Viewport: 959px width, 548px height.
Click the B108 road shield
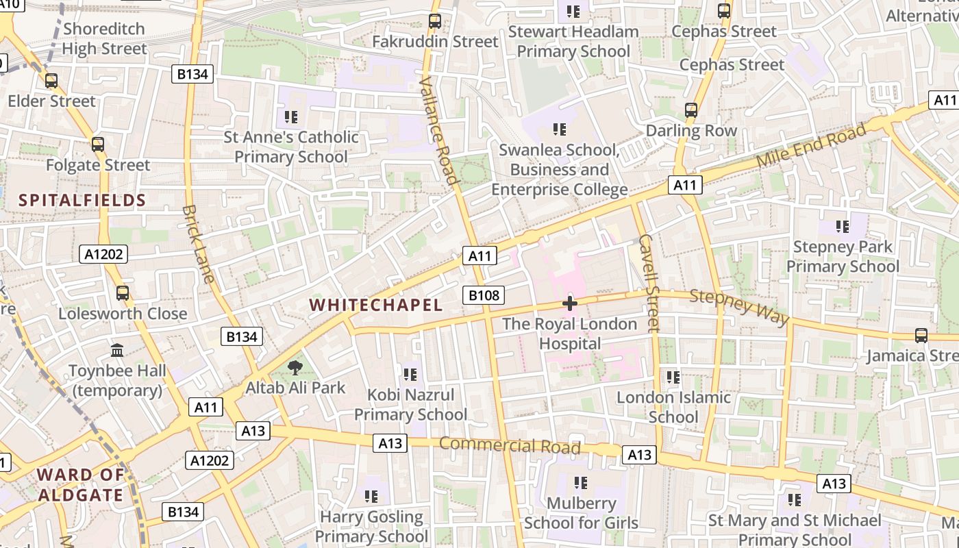484,295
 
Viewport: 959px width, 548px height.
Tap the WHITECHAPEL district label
376,306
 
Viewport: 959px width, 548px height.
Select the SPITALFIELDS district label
82,200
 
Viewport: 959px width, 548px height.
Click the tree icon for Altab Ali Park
295,368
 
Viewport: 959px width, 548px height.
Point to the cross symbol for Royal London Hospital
569,303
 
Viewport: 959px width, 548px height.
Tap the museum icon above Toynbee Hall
117,350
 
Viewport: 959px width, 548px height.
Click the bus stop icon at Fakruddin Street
435,21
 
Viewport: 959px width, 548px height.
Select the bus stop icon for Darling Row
691,110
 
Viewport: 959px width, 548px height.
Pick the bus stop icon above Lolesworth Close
123,293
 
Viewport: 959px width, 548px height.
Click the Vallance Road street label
438,130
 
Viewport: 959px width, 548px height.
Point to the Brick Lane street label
199,243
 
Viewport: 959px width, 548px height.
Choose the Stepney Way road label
739,307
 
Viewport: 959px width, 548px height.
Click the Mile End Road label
811,146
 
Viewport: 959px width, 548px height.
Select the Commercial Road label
510,445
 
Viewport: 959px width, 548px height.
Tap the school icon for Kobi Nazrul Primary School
410,374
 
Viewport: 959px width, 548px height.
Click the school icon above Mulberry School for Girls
581,482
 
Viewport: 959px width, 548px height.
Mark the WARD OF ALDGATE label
81,484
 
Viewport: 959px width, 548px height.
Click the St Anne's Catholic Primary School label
291,147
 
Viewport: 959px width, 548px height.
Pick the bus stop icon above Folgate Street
98,145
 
